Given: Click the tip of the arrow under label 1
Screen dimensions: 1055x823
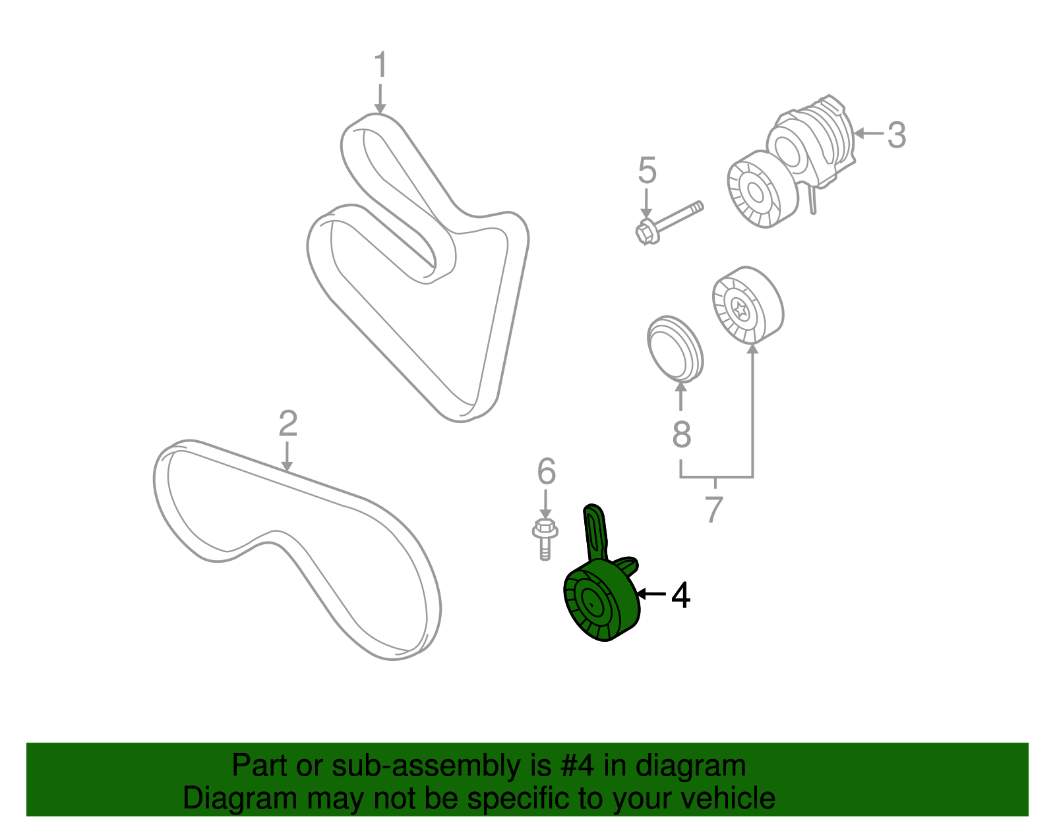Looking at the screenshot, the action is pos(380,114).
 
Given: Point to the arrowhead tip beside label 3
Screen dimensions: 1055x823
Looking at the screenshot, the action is pos(853,133).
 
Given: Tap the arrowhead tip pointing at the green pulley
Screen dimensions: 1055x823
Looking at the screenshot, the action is pos(637,593).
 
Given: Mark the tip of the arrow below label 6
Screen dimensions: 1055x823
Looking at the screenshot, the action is pos(545,519).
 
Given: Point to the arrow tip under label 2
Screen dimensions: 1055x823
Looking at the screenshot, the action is pos(287,471).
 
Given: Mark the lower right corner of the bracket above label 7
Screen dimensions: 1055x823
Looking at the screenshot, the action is pos(752,477).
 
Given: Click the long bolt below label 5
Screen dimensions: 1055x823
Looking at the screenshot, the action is pos(669,223).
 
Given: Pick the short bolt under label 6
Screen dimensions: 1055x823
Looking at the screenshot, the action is pos(545,539).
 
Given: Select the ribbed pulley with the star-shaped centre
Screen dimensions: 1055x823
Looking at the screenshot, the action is pos(748,305).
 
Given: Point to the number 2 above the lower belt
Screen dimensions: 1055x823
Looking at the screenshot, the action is pos(288,423).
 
